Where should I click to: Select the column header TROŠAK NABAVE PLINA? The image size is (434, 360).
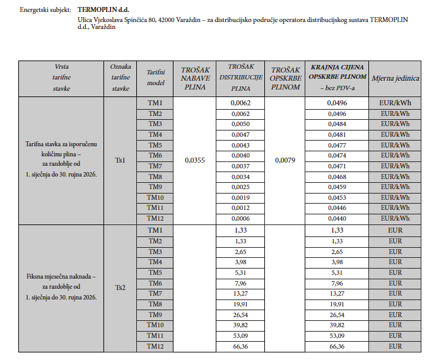pyautogui.click(x=195, y=79)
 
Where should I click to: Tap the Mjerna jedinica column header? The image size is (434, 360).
pyautogui.click(x=395, y=79)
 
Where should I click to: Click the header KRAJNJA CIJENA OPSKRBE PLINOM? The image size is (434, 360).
pyautogui.click(x=336, y=76)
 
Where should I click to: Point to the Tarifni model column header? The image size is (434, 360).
pyautogui.click(x=155, y=79)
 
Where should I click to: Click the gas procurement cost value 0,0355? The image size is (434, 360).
pyautogui.click(x=195, y=161)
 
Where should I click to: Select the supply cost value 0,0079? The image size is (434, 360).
pyautogui.click(x=285, y=161)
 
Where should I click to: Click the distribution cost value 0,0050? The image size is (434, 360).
pyautogui.click(x=240, y=124)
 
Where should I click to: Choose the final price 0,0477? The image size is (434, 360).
pyautogui.click(x=336, y=145)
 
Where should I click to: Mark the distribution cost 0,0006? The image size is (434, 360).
pyautogui.click(x=240, y=218)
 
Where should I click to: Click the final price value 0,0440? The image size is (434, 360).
pyautogui.click(x=336, y=218)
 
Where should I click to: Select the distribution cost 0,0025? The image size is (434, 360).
pyautogui.click(x=240, y=187)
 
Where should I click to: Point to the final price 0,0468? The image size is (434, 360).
pyautogui.click(x=336, y=177)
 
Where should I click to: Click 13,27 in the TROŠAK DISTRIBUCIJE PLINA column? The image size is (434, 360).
pyautogui.click(x=240, y=294)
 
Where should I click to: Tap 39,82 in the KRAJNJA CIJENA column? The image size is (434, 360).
pyautogui.click(x=336, y=325)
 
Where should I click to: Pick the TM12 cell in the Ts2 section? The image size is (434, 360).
pyautogui.click(x=155, y=346)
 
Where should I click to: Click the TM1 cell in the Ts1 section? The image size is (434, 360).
pyautogui.click(x=155, y=103)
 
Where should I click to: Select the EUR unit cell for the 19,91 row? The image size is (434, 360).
pyautogui.click(x=395, y=304)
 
